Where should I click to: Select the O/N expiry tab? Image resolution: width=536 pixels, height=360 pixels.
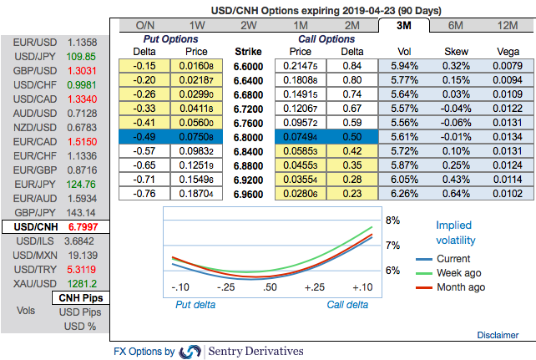point(146,24)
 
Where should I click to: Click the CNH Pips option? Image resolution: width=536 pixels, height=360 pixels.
point(79,297)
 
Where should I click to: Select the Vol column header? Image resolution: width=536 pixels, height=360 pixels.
point(406,50)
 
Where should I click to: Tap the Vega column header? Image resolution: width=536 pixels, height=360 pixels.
point(503,50)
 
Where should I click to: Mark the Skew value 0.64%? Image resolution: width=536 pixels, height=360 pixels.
point(455,194)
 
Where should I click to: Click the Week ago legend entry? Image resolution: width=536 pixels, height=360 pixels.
point(459,273)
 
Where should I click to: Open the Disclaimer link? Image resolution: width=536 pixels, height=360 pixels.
point(498,335)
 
